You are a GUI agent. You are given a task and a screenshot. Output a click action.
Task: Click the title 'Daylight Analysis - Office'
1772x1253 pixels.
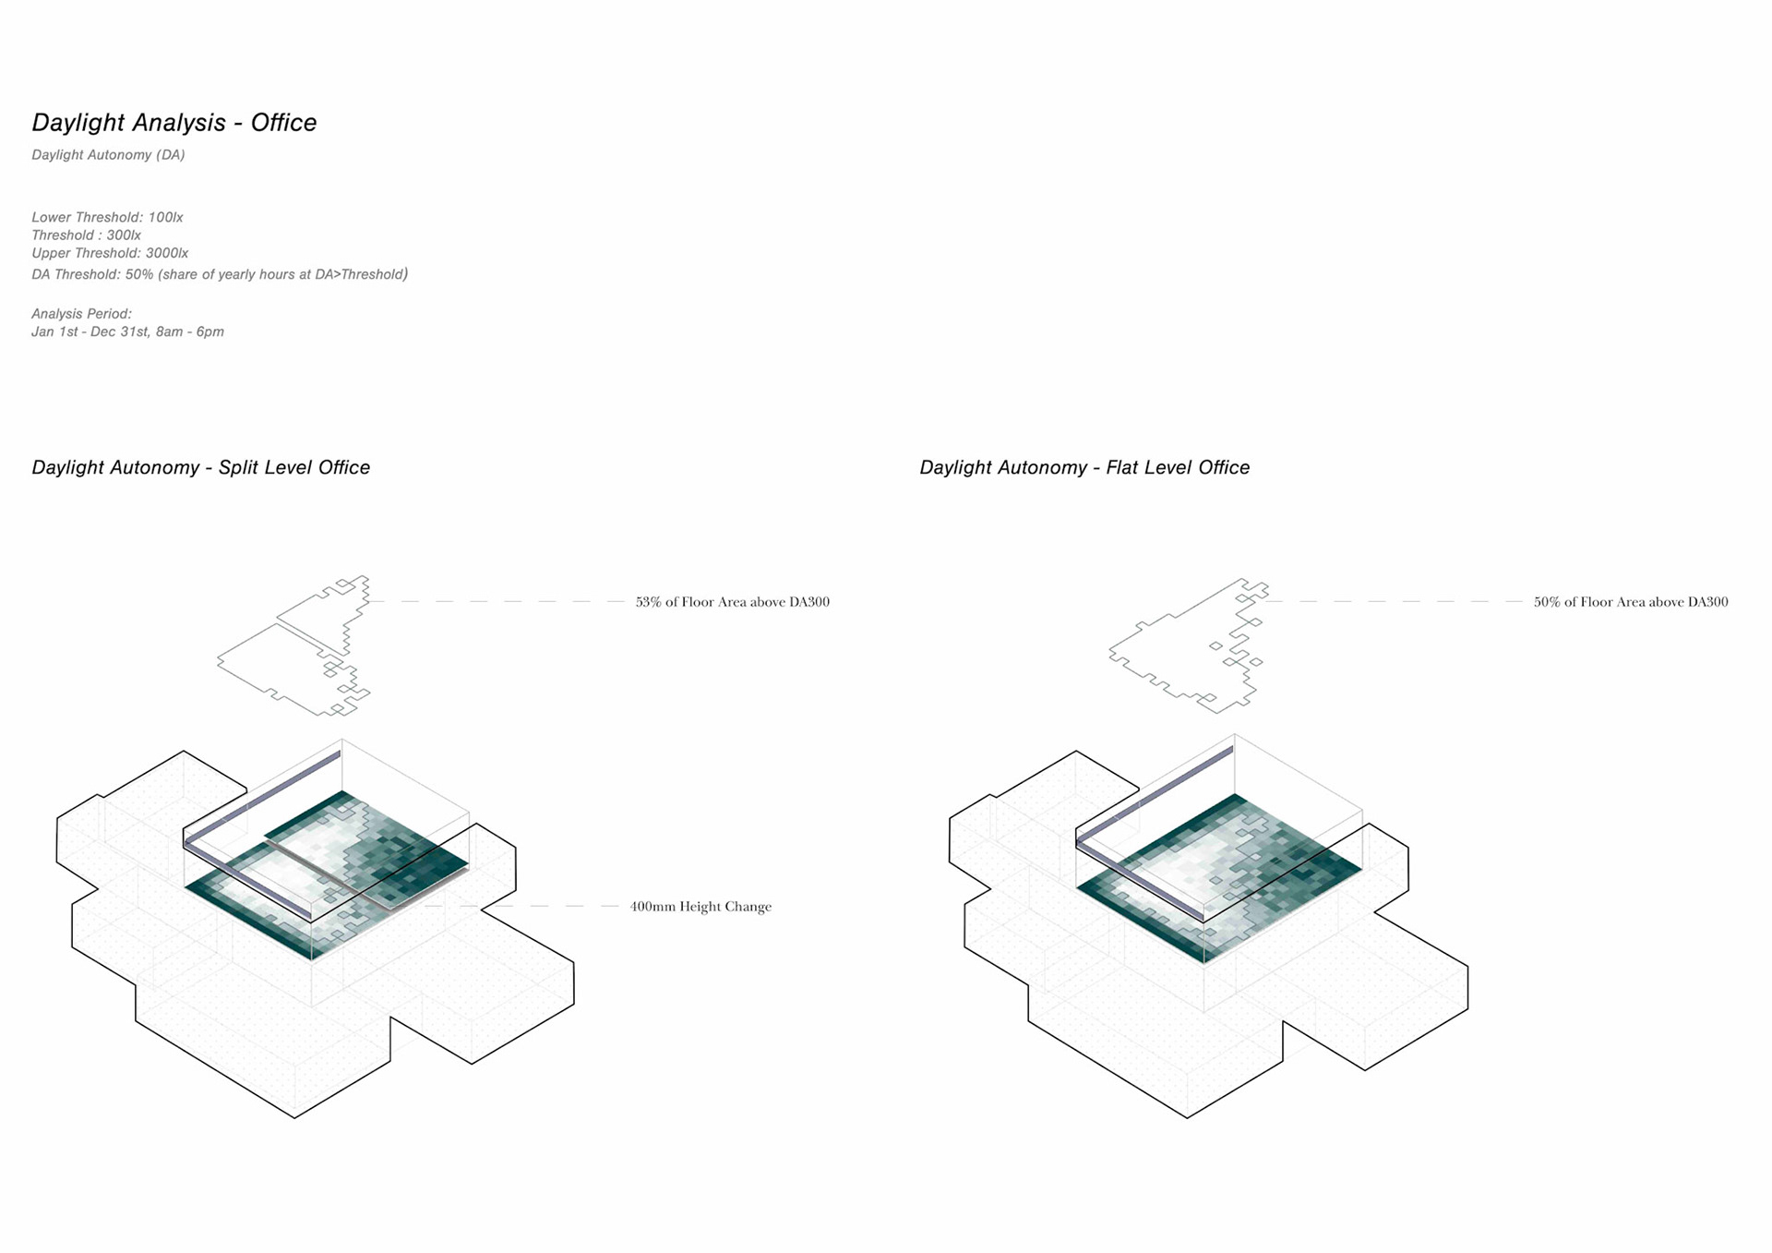174,123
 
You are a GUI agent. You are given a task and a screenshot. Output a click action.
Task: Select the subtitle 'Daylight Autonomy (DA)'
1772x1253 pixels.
108,155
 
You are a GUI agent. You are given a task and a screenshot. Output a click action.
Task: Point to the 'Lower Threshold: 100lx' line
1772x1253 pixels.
107,218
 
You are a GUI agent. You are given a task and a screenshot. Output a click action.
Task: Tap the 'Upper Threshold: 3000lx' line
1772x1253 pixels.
110,253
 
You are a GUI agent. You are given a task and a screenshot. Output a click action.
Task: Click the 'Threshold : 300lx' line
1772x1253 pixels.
86,235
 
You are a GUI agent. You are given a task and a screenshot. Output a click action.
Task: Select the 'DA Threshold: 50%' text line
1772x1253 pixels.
220,274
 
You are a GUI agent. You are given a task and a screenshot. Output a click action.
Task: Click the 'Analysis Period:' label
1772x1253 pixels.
81,314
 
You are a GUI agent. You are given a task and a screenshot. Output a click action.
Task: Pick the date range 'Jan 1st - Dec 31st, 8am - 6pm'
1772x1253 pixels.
127,331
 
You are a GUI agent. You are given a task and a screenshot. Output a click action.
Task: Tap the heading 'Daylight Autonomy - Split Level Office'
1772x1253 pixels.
200,468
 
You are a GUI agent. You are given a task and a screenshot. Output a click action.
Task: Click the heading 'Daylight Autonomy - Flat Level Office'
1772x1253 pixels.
1084,468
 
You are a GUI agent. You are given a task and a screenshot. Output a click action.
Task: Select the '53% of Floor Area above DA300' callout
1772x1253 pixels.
732,602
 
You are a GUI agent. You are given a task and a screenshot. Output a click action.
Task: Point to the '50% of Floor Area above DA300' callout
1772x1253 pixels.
1630,602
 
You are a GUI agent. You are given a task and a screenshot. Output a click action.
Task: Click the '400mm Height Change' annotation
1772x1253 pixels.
700,907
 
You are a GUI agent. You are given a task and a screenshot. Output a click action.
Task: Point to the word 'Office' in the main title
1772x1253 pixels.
283,123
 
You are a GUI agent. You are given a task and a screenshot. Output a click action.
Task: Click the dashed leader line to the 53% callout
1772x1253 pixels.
498,601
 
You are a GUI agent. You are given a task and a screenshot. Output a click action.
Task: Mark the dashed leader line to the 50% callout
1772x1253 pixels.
1394,601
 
